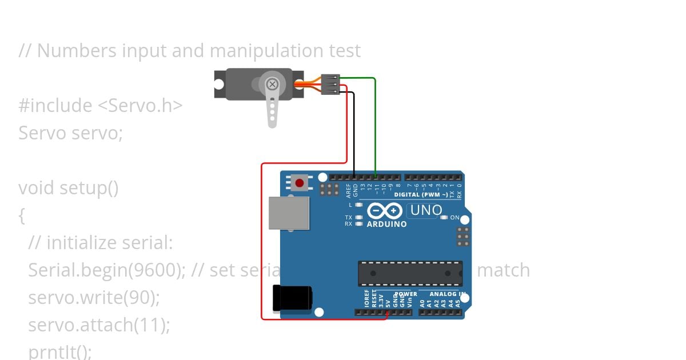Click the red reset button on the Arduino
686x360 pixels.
pyautogui.click(x=299, y=183)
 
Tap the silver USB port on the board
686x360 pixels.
pyautogui.click(x=289, y=214)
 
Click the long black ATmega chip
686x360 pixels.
pyautogui.click(x=410, y=273)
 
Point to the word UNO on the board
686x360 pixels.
pyautogui.click(x=426, y=210)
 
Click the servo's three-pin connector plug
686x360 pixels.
pyautogui.click(x=331, y=84)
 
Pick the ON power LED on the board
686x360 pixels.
pyautogui.click(x=444, y=218)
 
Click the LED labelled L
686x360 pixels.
pyautogui.click(x=359, y=205)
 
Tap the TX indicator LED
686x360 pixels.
pyautogui.click(x=359, y=217)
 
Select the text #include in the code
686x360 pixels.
pyautogui.click(x=55, y=106)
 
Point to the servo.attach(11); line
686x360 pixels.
pyautogui.click(x=99, y=325)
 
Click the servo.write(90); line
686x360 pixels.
pyautogui.click(x=94, y=298)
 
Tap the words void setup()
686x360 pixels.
pyautogui.click(x=69, y=188)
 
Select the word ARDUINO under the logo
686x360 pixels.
pyautogui.click(x=387, y=225)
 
